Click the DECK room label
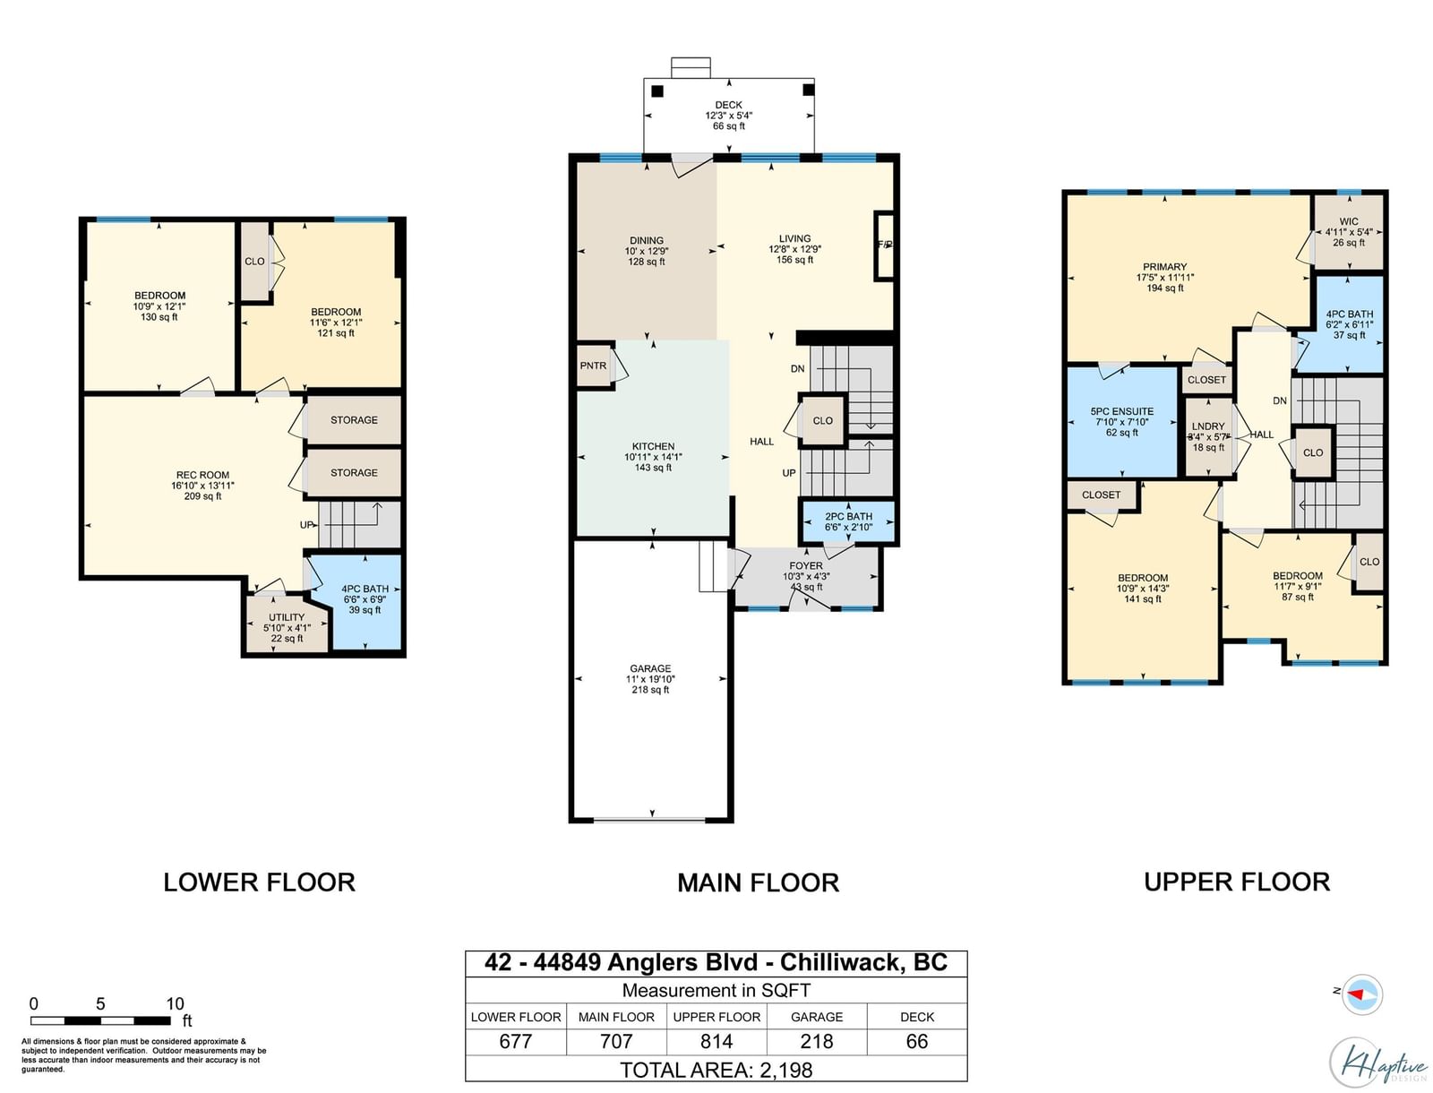[x=728, y=105]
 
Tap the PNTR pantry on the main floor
[x=594, y=366]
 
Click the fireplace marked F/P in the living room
[x=884, y=245]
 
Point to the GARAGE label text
[x=650, y=668]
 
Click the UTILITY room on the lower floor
[x=287, y=624]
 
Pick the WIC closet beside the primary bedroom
[x=1348, y=232]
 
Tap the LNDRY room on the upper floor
[x=1208, y=437]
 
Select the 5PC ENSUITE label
[x=1121, y=411]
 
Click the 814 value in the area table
[x=716, y=1041]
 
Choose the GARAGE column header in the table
[x=817, y=1017]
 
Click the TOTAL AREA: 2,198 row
[x=716, y=1070]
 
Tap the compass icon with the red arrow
[x=1362, y=994]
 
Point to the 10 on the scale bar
[x=175, y=1003]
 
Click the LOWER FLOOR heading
[x=259, y=882]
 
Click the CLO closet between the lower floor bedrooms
[x=254, y=262]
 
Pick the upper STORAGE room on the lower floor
[x=353, y=420]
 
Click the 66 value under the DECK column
[x=916, y=1041]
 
